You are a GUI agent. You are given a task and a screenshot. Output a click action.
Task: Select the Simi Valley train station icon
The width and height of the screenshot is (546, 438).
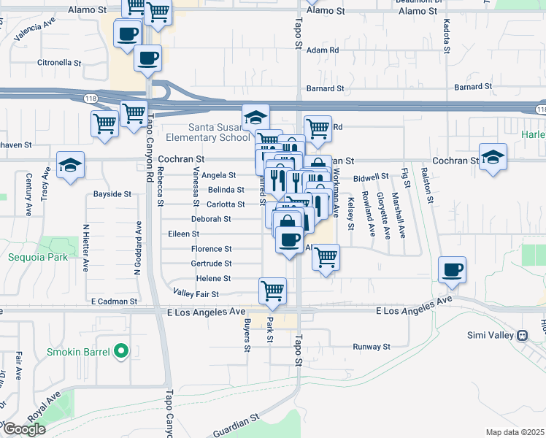[x=522, y=336]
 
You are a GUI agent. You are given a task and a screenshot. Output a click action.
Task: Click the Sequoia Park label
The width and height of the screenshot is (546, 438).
[x=37, y=257]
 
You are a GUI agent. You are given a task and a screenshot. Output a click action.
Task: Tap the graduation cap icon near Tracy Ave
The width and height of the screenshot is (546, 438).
[x=71, y=166]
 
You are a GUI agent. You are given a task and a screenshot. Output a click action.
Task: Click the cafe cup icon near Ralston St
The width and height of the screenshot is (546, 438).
[x=452, y=270]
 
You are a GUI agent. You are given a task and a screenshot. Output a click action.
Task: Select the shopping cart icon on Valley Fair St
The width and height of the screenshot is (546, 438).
[x=272, y=290]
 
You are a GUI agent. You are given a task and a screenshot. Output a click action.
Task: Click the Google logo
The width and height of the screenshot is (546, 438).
[x=24, y=429]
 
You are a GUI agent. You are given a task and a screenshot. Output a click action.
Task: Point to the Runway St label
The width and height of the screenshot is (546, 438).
[x=373, y=347]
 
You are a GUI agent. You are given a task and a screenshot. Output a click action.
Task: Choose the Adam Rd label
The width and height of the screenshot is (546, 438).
[x=323, y=50]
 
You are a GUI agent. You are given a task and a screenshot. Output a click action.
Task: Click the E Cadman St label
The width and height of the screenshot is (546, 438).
[x=114, y=301]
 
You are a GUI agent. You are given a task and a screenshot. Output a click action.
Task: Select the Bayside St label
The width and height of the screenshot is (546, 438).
[x=112, y=194]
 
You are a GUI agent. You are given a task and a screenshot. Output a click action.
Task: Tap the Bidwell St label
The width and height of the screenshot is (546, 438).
[x=372, y=177]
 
